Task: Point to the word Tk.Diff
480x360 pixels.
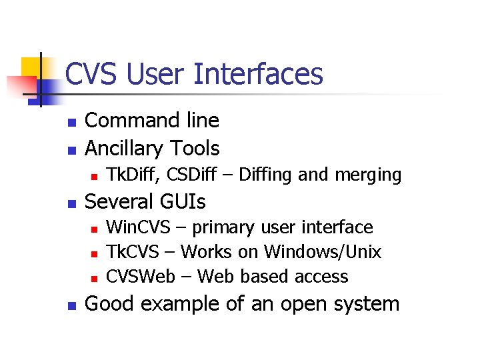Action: (132, 175)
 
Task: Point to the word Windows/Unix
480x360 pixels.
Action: (323, 252)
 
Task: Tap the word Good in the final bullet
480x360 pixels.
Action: (110, 304)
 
